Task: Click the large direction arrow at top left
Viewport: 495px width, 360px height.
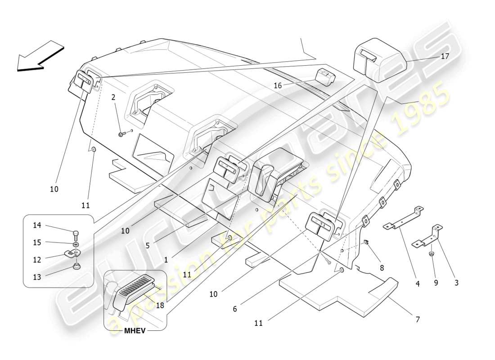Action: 40,56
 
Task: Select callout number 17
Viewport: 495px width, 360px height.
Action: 445,57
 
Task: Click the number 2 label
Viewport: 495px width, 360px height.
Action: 113,97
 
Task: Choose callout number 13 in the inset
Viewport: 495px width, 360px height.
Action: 36,277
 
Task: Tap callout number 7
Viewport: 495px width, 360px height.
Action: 417,319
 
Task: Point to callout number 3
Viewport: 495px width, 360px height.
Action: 456,283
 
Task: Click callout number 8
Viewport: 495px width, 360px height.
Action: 382,267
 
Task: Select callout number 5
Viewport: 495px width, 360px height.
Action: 148,246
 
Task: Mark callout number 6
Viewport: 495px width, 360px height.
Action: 234,309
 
